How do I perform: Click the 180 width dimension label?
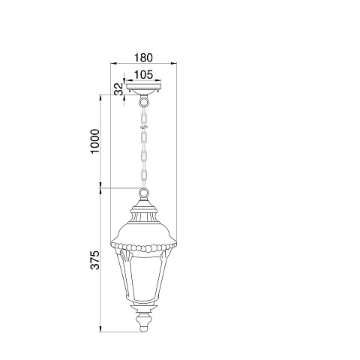click(143, 58)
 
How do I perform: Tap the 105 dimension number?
click(143, 74)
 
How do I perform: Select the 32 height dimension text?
click(119, 89)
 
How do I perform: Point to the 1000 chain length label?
click(95, 141)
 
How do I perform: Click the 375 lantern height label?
click(95, 260)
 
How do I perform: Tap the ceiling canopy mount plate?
click(143, 88)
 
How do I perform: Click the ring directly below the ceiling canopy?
click(143, 102)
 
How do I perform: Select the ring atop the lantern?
click(143, 193)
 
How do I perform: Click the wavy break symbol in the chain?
click(143, 127)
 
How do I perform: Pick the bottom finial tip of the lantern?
click(143, 329)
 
